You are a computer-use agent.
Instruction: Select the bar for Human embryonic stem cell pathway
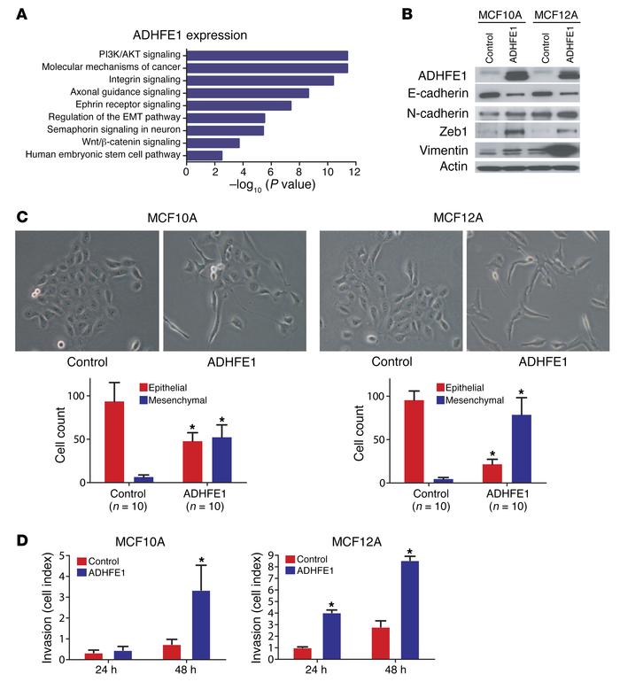click(x=204, y=155)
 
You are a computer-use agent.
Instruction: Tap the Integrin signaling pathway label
click(x=136, y=80)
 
